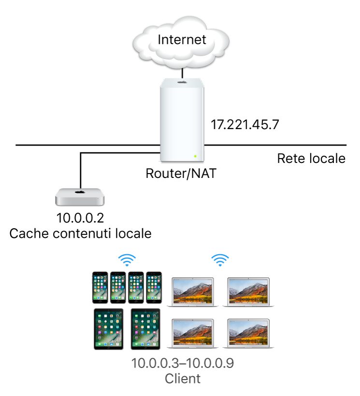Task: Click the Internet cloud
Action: point(182,40)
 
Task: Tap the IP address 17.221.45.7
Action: point(245,125)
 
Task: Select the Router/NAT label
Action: point(181,173)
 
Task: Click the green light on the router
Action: point(195,156)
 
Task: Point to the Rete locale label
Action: point(311,159)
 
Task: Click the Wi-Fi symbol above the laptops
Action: point(220,261)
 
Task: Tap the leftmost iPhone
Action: point(100,287)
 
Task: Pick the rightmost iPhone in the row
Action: point(154,287)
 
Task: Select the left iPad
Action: point(107,329)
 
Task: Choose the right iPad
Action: point(145,329)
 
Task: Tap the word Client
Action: point(182,379)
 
